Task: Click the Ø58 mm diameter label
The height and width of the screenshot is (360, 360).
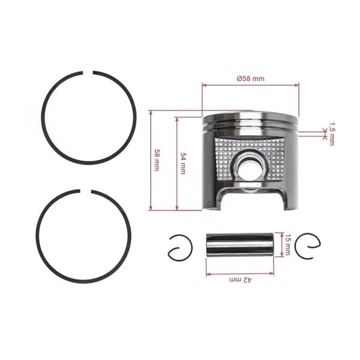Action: [x=250, y=79]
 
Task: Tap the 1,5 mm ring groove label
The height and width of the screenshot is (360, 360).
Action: [x=331, y=134]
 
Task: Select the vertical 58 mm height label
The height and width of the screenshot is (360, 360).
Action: [x=157, y=160]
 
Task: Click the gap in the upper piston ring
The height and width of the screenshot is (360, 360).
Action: [x=89, y=72]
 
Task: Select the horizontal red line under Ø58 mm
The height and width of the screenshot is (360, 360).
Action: [x=250, y=86]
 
